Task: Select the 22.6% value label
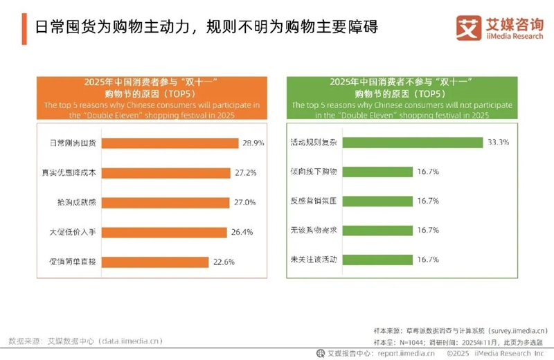[x=223, y=262]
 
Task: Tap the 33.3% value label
[x=498, y=143]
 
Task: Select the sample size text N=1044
[x=418, y=341]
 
